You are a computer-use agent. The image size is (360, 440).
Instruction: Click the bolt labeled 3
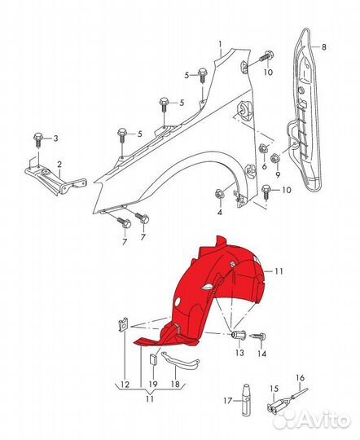click(x=38, y=139)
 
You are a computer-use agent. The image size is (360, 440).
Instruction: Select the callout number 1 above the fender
click(x=221, y=44)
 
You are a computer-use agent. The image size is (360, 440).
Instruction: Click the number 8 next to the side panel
click(x=324, y=47)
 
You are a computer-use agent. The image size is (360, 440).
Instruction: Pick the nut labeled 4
click(x=219, y=194)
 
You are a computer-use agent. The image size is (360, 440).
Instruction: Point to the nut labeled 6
click(x=263, y=147)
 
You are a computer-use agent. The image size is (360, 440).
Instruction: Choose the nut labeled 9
click(x=274, y=159)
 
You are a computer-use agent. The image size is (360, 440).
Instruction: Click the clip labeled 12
click(x=123, y=325)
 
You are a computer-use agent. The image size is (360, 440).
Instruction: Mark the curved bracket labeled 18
click(x=179, y=361)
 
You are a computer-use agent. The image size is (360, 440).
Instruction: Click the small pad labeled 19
click(x=153, y=359)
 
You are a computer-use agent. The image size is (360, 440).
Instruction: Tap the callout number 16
click(x=300, y=378)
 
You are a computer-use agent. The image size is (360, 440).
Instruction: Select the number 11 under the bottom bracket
click(x=150, y=398)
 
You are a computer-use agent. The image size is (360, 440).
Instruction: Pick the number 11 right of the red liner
click(x=278, y=271)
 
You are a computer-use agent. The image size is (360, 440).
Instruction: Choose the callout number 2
click(x=59, y=164)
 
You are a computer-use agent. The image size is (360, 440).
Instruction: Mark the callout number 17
click(x=228, y=400)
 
